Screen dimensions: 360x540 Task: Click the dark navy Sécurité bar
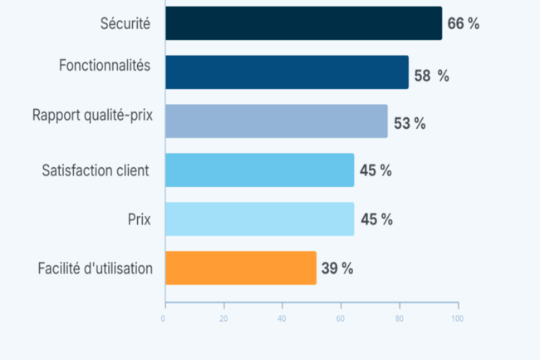click(303, 23)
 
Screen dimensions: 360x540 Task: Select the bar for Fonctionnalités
click(287, 72)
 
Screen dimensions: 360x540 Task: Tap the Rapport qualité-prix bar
click(276, 121)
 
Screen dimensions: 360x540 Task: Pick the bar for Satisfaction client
click(259, 170)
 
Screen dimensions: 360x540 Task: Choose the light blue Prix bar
click(259, 219)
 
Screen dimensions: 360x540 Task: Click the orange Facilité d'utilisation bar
click(240, 268)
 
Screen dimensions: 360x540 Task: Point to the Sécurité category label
click(124, 24)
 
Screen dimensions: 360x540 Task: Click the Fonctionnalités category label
click(105, 66)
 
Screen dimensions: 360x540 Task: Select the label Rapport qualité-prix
click(93, 116)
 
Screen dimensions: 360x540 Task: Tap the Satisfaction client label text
click(96, 170)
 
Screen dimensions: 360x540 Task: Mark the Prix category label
click(139, 219)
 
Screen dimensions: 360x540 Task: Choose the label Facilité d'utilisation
click(96, 269)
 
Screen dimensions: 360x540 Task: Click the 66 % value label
click(464, 23)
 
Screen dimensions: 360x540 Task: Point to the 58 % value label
click(431, 76)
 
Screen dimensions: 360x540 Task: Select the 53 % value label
click(410, 124)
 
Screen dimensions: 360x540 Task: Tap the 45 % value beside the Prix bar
click(376, 219)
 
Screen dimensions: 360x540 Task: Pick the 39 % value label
click(337, 269)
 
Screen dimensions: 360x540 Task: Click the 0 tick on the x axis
click(164, 318)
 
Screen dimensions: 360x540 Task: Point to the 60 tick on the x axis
click(341, 318)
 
